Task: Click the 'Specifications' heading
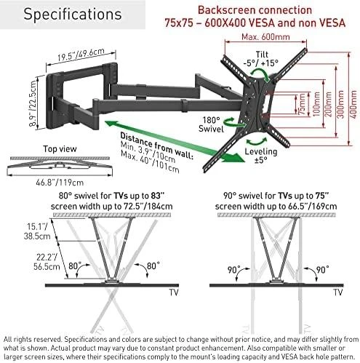(73, 15)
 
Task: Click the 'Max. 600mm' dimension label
(265, 37)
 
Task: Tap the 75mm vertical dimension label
(302, 104)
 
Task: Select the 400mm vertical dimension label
(353, 104)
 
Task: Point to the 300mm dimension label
(340, 104)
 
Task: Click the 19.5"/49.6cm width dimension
(81, 55)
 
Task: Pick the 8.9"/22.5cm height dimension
(33, 103)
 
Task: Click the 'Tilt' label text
(262, 55)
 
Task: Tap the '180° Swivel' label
(211, 124)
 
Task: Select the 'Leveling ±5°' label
(261, 156)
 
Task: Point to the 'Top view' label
(60, 148)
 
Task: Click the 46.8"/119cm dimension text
(60, 183)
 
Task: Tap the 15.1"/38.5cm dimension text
(37, 231)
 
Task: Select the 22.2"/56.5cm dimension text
(47, 262)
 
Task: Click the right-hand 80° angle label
(153, 266)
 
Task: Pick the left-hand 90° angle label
(233, 270)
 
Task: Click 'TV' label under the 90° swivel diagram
(338, 292)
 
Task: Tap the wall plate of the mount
(52, 102)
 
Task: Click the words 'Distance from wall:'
(157, 146)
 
